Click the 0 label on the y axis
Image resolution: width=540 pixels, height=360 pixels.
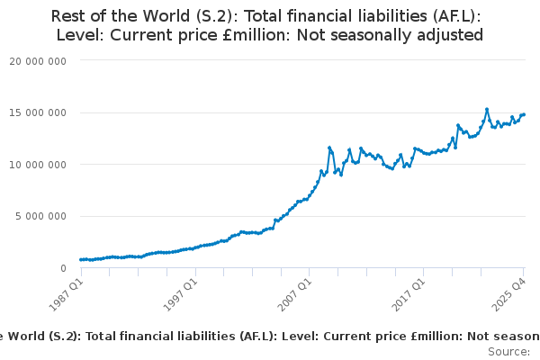63,268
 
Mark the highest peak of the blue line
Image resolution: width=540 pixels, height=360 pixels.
487,109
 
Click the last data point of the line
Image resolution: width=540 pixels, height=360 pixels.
524,114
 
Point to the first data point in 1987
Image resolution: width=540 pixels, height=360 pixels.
80,259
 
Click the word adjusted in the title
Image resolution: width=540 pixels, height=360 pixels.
449,35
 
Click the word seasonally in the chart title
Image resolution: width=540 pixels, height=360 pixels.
373,35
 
